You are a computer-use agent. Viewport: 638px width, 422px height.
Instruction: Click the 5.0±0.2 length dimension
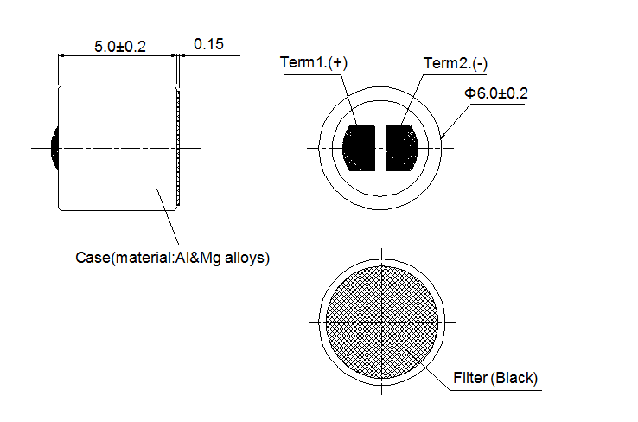120,47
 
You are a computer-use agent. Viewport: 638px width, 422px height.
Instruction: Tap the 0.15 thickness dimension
208,44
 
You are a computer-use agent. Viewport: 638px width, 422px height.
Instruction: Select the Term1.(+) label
314,62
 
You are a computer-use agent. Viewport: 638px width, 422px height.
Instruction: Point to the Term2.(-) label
456,63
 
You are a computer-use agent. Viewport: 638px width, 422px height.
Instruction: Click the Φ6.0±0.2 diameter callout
496,93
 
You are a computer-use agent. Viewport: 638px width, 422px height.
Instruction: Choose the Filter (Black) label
495,378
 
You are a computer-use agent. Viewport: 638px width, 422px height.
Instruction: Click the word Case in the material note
93,258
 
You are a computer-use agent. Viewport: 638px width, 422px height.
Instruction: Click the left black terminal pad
359,148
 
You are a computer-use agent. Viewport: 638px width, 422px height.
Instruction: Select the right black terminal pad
402,148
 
